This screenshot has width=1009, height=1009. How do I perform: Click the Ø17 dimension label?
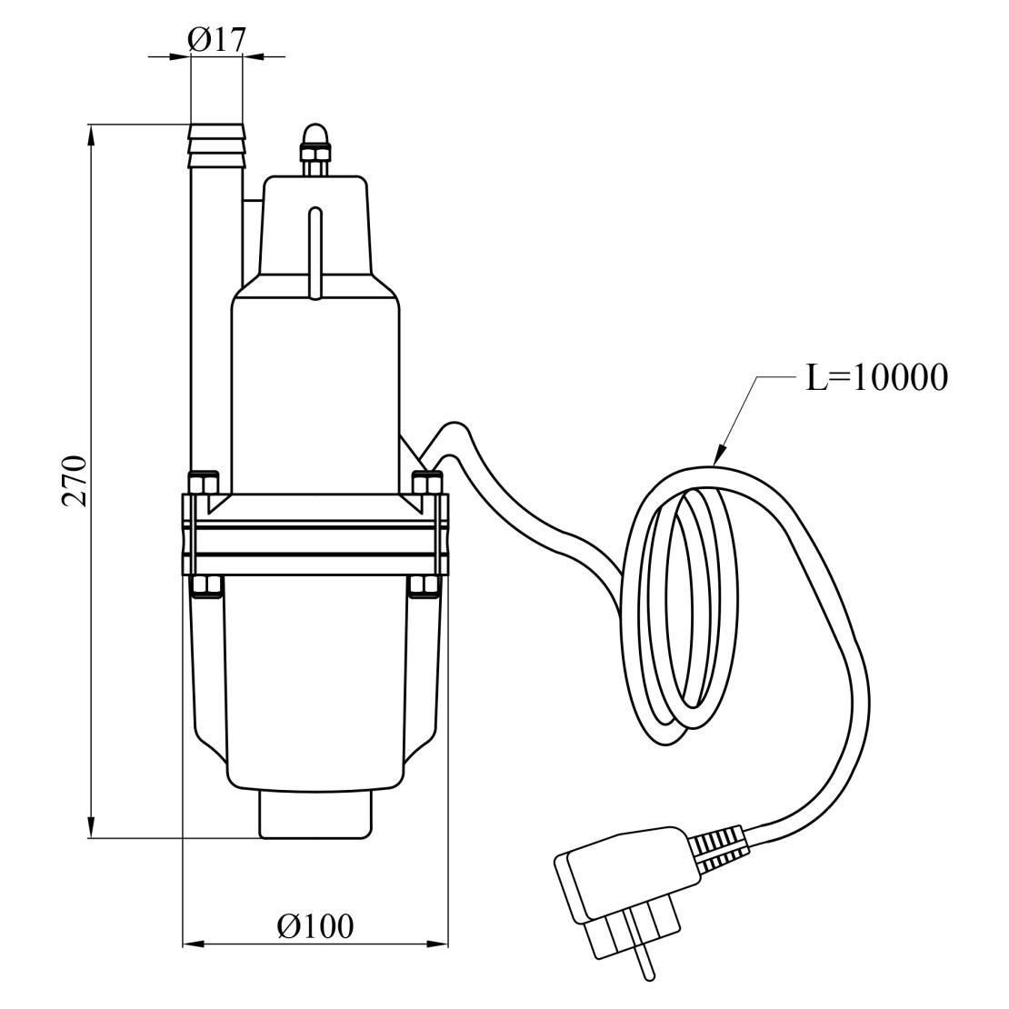217,40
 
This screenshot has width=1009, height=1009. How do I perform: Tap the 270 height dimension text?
75,481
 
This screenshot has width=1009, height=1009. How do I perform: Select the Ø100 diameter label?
315,926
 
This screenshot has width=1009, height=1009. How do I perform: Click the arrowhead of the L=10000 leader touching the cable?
720,455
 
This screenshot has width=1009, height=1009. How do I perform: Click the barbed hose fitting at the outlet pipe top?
217,145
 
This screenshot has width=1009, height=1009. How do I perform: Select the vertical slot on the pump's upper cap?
315,253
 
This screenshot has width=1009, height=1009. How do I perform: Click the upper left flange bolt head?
204,483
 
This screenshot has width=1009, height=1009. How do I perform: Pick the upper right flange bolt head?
427,483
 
